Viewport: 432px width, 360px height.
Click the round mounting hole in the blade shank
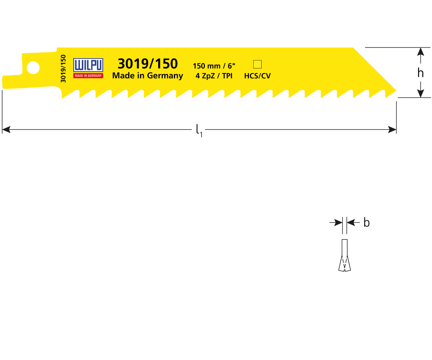pyautogui.click(x=33, y=68)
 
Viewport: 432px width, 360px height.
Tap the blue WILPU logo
pyautogui.click(x=88, y=65)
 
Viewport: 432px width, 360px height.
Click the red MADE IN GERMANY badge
pyautogui.click(x=88, y=76)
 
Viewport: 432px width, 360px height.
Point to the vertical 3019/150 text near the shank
pyautogui.click(x=63, y=68)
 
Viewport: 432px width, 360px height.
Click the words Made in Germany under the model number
pyautogui.click(x=148, y=76)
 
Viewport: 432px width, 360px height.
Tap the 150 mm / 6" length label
pyautogui.click(x=214, y=66)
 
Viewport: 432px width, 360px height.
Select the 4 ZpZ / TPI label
pyautogui.click(x=214, y=76)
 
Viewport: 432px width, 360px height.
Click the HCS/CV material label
pyautogui.click(x=257, y=76)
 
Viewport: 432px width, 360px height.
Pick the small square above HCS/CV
pyautogui.click(x=257, y=64)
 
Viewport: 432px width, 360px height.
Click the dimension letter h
pyautogui.click(x=420, y=73)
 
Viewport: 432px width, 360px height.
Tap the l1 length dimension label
pyautogui.click(x=199, y=130)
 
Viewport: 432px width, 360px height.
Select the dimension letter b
pyautogui.click(x=366, y=222)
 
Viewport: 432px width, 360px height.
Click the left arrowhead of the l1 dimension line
pyautogui.click(x=6, y=130)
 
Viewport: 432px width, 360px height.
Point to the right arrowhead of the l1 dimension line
pyautogui.click(x=392, y=130)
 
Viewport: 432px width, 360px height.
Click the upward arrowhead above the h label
pyautogui.click(x=421, y=52)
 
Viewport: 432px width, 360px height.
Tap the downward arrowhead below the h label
pyautogui.click(x=421, y=93)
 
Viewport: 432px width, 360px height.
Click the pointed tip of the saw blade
pyautogui.click(x=396, y=90)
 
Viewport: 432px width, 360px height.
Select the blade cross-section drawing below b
pyautogui.click(x=344, y=255)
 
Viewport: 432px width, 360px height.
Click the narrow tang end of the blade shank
pyautogui.click(x=3, y=82)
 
